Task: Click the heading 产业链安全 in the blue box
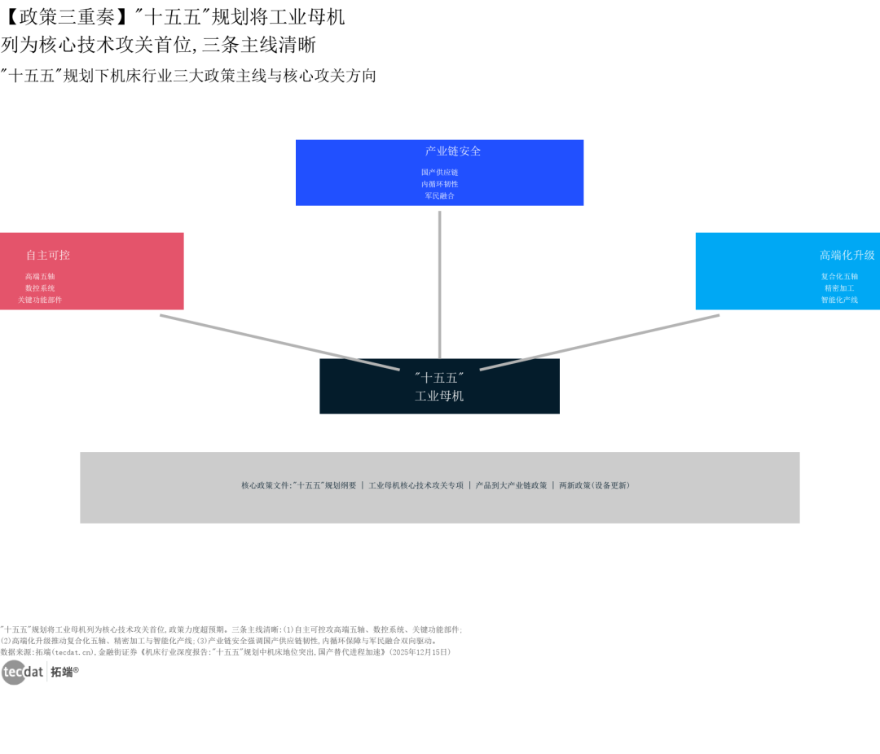pyautogui.click(x=453, y=151)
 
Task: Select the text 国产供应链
pyautogui.click(x=439, y=173)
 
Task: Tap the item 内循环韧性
pyautogui.click(x=439, y=184)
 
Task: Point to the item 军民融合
pyautogui.click(x=439, y=195)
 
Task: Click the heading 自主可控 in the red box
pyautogui.click(x=48, y=255)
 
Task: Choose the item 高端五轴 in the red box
pyautogui.click(x=40, y=277)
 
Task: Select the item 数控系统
pyautogui.click(x=40, y=288)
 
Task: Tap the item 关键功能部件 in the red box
pyautogui.click(x=40, y=300)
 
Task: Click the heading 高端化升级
pyautogui.click(x=847, y=255)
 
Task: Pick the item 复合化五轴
pyautogui.click(x=839, y=277)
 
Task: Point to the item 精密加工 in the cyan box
pyautogui.click(x=839, y=288)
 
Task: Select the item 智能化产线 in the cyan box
pyautogui.click(x=839, y=300)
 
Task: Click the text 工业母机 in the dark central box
pyautogui.click(x=439, y=396)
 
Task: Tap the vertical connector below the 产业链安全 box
pyautogui.click(x=439, y=284)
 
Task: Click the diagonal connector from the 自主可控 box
pyautogui.click(x=279, y=342)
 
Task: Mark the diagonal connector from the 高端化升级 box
pyautogui.click(x=600, y=342)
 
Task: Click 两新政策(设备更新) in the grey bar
pyautogui.click(x=594, y=485)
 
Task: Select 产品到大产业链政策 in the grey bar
pyautogui.click(x=511, y=485)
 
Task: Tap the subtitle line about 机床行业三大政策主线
pyautogui.click(x=188, y=76)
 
